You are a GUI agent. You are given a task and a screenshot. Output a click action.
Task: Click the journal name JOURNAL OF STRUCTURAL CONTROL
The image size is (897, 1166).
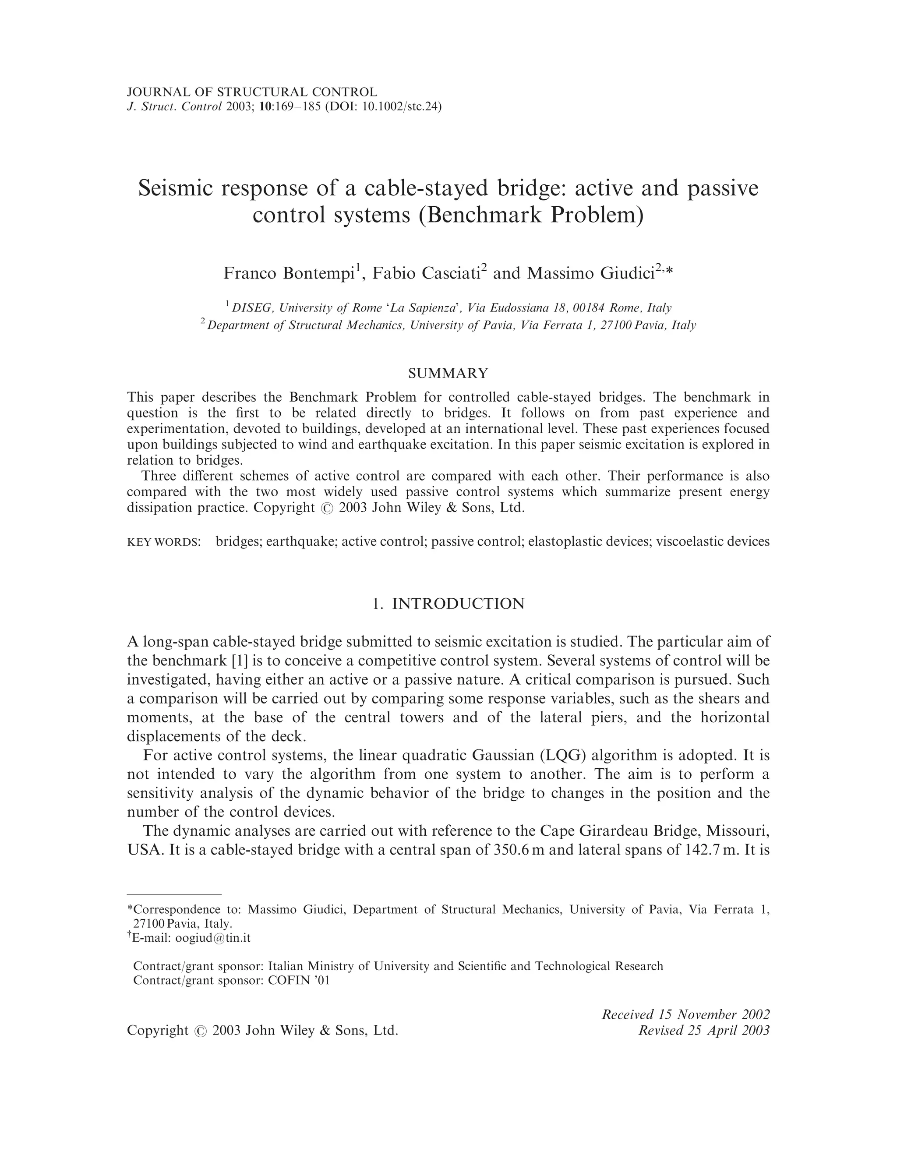pyautogui.click(x=252, y=92)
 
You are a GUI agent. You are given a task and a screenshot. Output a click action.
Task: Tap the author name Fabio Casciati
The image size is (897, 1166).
pyautogui.click(x=426, y=273)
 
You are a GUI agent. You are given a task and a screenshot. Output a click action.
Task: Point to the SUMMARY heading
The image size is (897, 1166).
pyautogui.click(x=448, y=373)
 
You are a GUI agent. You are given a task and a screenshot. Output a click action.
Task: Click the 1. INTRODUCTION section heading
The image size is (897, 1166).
pyautogui.click(x=448, y=604)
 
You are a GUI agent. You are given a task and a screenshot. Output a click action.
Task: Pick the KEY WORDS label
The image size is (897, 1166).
pyautogui.click(x=163, y=542)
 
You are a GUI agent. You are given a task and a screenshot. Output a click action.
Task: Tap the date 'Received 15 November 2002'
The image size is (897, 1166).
pyautogui.click(x=685, y=1014)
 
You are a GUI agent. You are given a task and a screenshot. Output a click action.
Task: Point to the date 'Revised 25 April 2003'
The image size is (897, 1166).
pyautogui.click(x=704, y=1030)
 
